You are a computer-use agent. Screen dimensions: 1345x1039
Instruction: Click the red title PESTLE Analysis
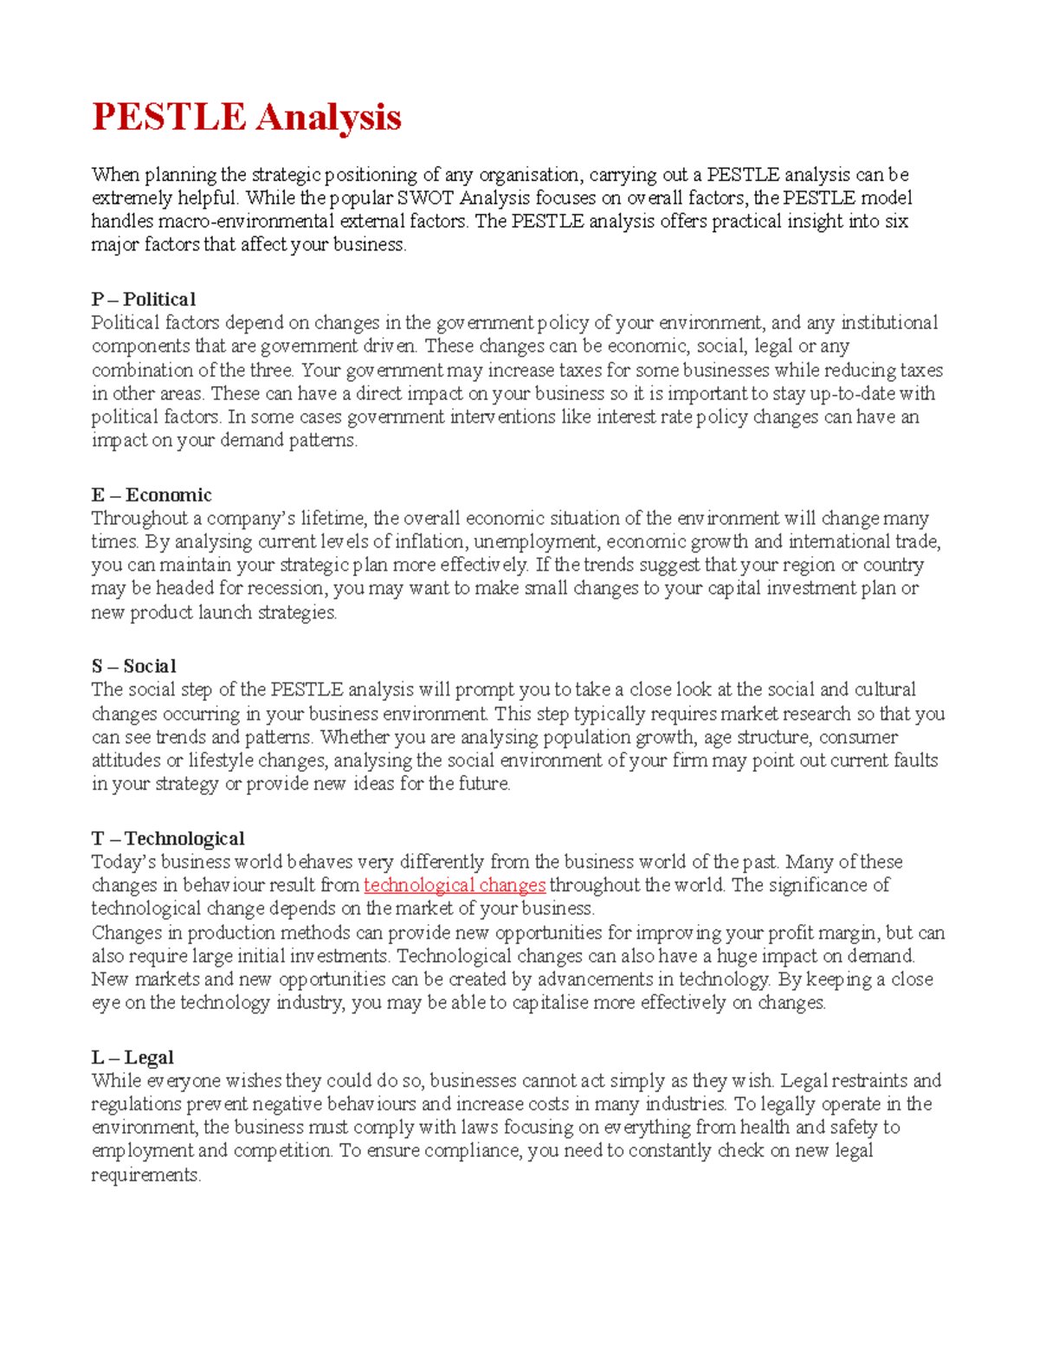click(x=247, y=117)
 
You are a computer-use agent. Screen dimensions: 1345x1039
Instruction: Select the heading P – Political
click(x=144, y=300)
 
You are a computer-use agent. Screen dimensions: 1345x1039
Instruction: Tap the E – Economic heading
click(x=152, y=495)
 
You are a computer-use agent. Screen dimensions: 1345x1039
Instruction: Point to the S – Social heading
click(x=134, y=667)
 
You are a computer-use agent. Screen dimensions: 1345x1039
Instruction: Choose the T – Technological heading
click(x=168, y=839)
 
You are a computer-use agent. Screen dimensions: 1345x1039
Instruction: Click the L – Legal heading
click(x=132, y=1057)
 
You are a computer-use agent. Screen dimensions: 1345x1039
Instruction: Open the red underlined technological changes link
click(x=455, y=885)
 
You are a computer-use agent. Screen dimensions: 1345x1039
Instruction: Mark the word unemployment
click(x=536, y=542)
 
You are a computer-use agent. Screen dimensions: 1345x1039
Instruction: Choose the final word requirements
click(x=145, y=1175)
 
